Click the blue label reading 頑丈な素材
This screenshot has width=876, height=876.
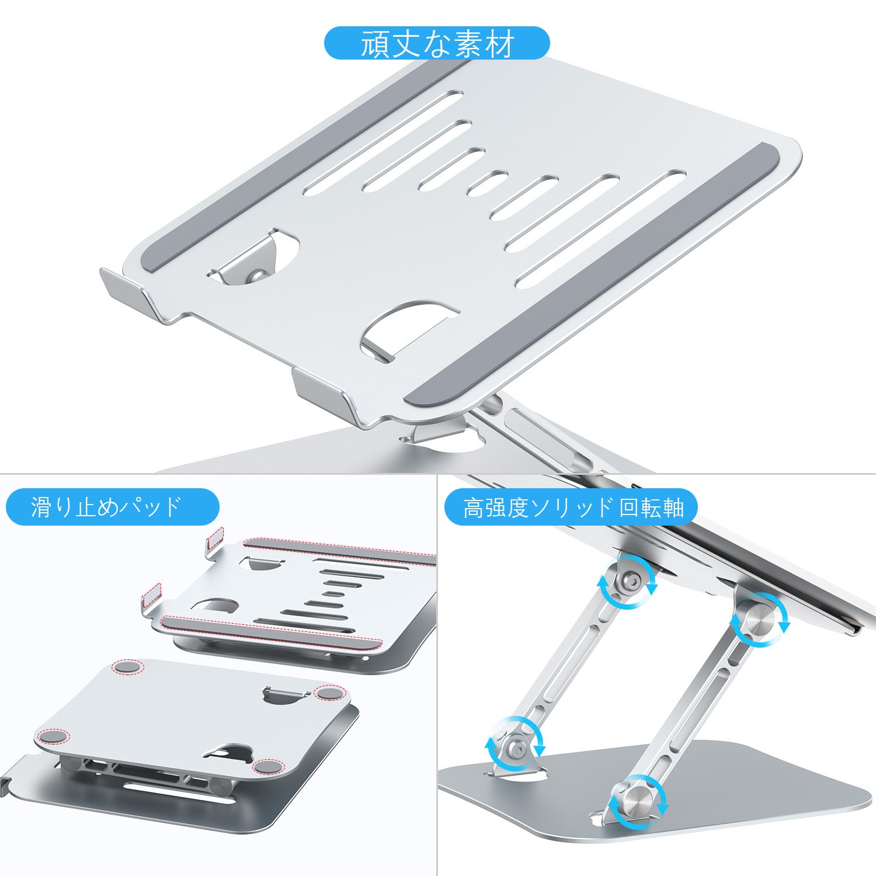pyautogui.click(x=437, y=43)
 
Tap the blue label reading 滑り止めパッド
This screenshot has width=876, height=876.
pyautogui.click(x=112, y=507)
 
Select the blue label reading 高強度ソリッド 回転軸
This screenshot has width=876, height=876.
pyautogui.click(x=571, y=507)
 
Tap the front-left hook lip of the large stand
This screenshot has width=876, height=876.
pyautogui.click(x=135, y=295)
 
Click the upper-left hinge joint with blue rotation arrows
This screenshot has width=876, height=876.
pyautogui.click(x=627, y=582)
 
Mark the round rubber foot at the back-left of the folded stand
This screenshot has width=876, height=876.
pyautogui.click(x=128, y=666)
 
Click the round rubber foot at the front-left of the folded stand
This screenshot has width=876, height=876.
pyautogui.click(x=52, y=736)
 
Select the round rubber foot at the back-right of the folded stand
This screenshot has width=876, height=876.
pyautogui.click(x=329, y=693)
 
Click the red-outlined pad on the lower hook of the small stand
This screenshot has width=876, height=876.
pyautogui.click(x=152, y=596)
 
